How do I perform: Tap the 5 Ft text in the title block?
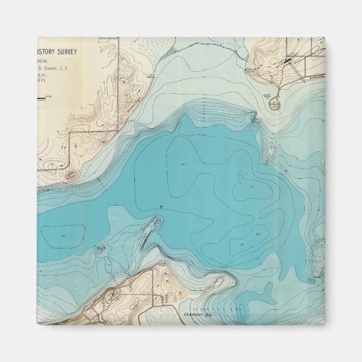42,75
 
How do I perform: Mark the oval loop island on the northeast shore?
275,105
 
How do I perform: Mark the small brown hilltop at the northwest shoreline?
70,175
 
